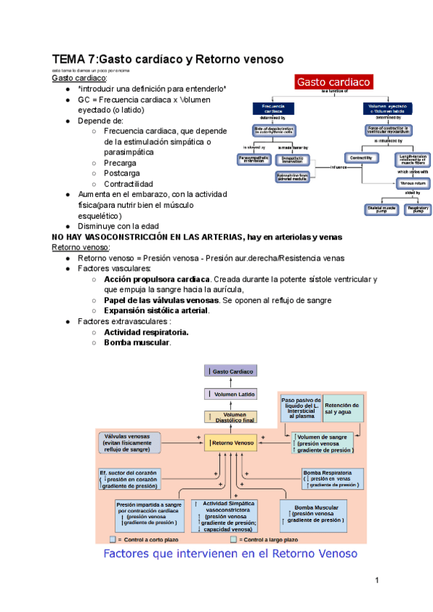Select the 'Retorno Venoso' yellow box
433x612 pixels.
pyautogui.click(x=229, y=442)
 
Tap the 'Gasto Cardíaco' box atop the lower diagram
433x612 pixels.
pyautogui.click(x=230, y=371)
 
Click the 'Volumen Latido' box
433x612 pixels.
pyautogui.click(x=230, y=394)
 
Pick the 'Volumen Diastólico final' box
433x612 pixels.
pyautogui.click(x=230, y=417)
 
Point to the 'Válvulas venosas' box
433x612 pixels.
pyautogui.click(x=129, y=442)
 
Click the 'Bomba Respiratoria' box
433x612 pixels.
pyautogui.click(x=331, y=478)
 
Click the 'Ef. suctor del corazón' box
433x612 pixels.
pyautogui.click(x=130, y=478)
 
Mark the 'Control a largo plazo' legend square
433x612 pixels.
pyautogui.click(x=233, y=539)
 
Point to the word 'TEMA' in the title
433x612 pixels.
pyautogui.click(x=69, y=58)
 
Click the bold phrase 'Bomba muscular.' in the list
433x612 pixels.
pyautogui.click(x=137, y=342)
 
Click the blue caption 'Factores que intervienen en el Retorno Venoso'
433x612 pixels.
pyautogui.click(x=230, y=554)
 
